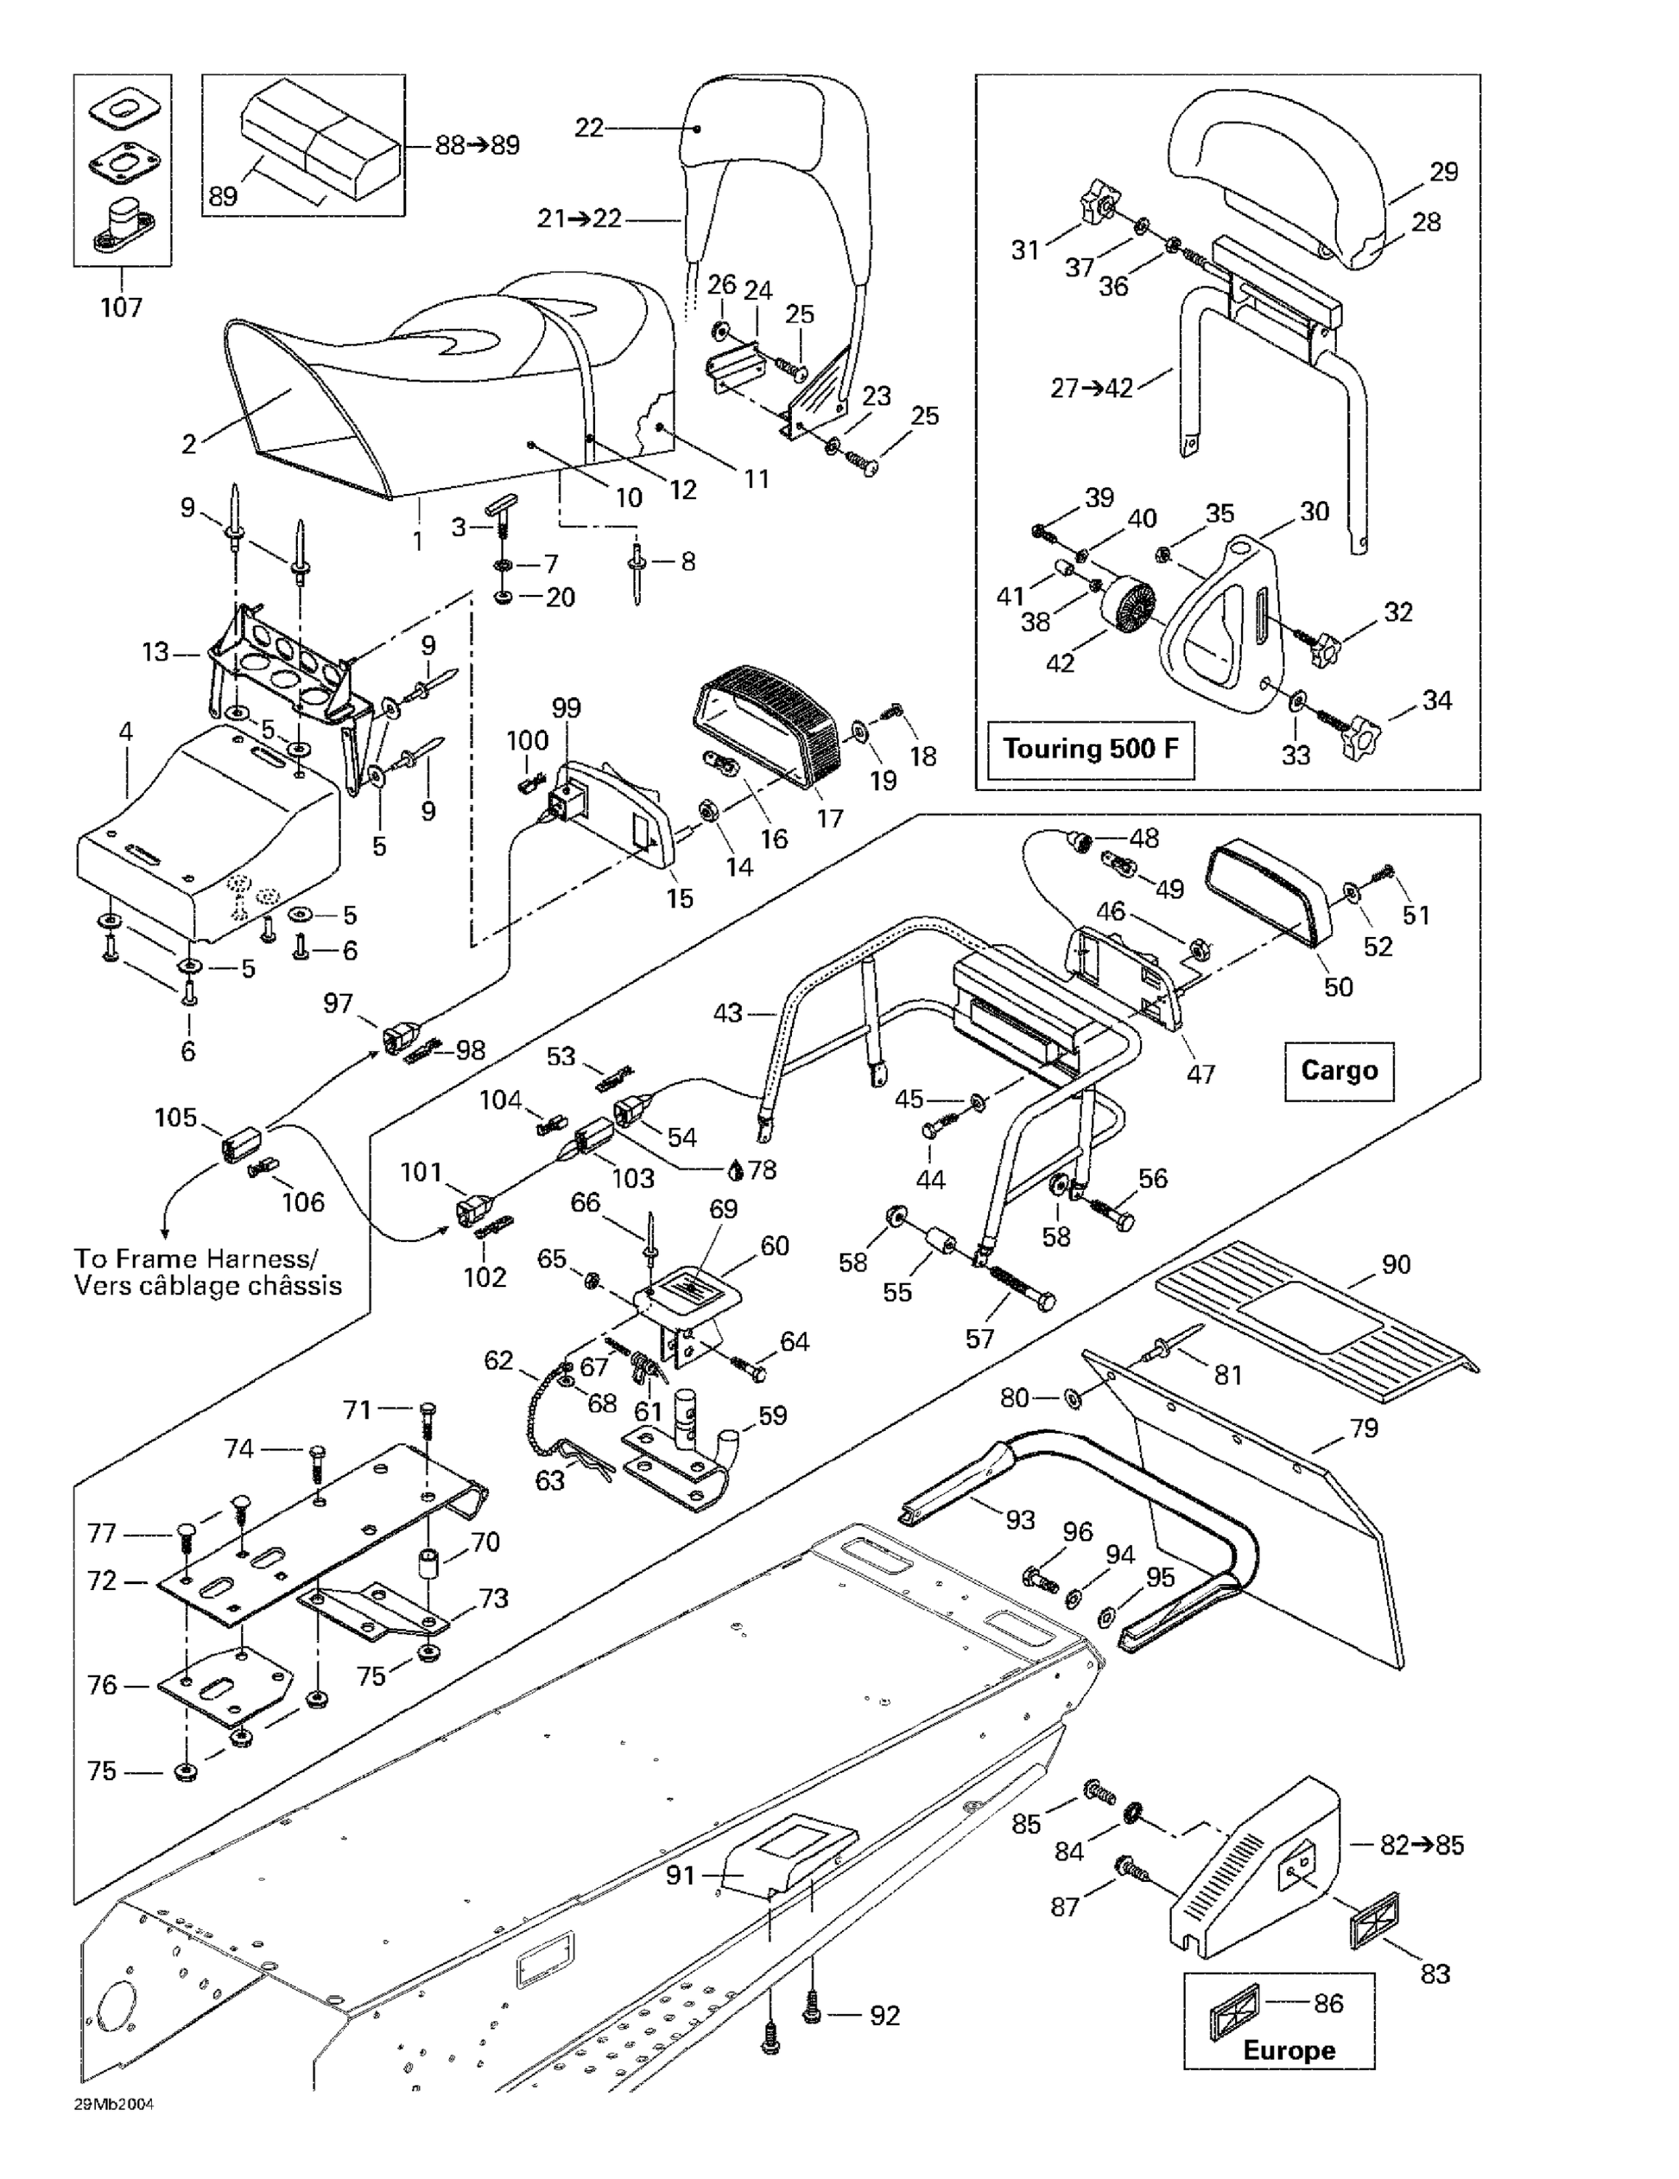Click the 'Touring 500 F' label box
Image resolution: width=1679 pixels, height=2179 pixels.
(1090, 748)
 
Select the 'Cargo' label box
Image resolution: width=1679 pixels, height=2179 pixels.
(1338, 1071)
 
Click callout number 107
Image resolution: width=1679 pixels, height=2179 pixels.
(121, 307)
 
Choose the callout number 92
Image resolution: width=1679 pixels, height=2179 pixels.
(883, 2016)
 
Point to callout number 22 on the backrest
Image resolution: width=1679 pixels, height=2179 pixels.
(589, 128)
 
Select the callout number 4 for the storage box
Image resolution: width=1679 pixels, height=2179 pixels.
(125, 731)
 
